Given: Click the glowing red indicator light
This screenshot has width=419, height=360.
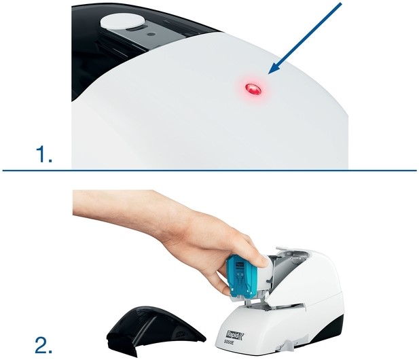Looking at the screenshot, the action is (253, 88).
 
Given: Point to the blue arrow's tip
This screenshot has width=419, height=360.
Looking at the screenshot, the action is (268, 74).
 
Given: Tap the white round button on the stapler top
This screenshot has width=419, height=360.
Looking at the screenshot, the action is (122, 20).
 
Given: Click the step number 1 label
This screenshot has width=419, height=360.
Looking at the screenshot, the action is (43, 154).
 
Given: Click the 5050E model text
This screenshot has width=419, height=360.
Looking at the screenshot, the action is (230, 342).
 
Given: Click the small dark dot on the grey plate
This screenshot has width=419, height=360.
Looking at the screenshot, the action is (151, 34).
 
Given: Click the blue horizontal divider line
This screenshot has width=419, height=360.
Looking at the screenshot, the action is (209, 170).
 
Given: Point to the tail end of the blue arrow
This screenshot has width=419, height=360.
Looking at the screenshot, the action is (341, 3).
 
